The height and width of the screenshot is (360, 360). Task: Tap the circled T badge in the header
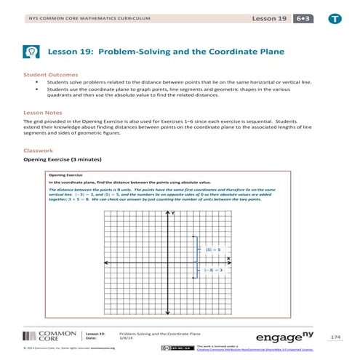pyautogui.click(x=335, y=17)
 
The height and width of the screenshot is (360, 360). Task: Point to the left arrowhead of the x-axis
pyautogui.click(x=103, y=262)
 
